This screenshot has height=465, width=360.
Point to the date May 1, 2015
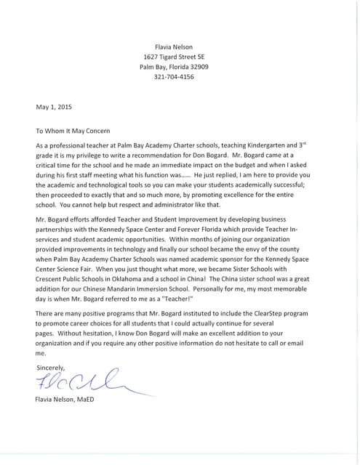pos(52,107)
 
